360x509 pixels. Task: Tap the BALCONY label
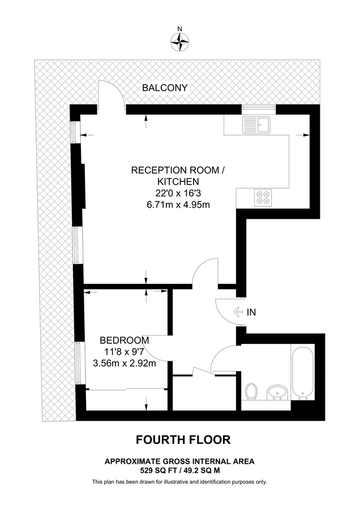(164, 88)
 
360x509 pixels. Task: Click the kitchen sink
(257, 124)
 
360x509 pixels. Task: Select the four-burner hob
(262, 196)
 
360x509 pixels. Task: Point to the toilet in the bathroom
(253, 391)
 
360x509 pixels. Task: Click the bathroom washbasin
(277, 391)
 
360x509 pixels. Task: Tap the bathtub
(301, 370)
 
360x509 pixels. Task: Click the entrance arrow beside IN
(237, 312)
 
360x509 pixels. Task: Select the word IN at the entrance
(252, 312)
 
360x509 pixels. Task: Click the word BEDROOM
(125, 340)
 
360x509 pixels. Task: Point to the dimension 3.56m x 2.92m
(125, 363)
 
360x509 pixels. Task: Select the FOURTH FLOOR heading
(179, 439)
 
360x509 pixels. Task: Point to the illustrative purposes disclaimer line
(179, 482)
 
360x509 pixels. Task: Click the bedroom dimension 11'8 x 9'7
(125, 352)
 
